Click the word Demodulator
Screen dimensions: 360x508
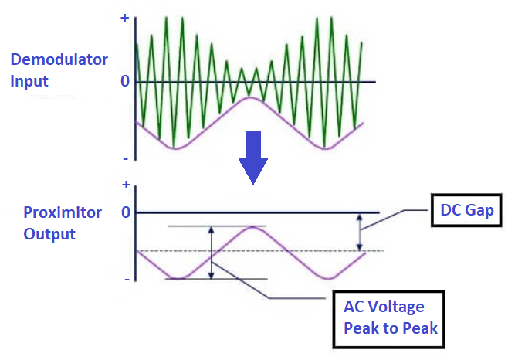(59, 59)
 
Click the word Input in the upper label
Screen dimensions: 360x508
(29, 80)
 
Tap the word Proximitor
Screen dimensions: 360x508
(62, 212)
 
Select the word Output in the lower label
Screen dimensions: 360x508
(49, 233)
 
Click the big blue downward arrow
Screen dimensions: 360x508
(252, 157)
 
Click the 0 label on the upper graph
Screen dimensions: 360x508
(124, 81)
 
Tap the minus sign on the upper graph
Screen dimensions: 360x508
(124, 158)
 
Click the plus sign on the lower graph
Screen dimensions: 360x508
(126, 185)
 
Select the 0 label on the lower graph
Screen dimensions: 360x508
(125, 212)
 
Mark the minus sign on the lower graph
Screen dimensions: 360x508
(125, 278)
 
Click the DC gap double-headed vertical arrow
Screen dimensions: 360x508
(358, 232)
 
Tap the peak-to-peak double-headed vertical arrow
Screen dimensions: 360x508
(210, 253)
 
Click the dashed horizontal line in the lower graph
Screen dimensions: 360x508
(309, 251)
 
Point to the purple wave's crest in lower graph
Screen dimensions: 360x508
(251, 227)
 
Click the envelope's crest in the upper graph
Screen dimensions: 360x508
(249, 97)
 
